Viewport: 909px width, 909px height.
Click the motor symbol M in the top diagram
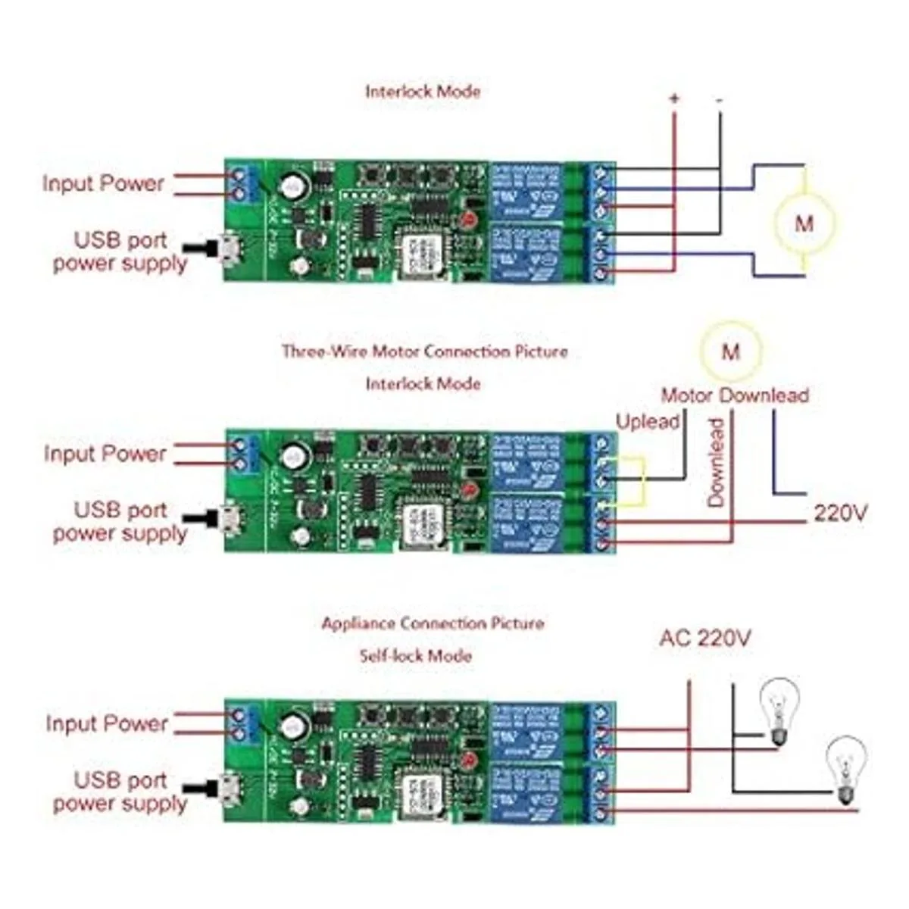tap(804, 223)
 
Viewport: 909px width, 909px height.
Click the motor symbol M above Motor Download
tap(730, 351)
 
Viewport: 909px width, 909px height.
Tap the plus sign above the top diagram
tap(673, 99)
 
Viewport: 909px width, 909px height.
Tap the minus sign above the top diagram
tap(719, 99)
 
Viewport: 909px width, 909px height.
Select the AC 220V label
tap(704, 639)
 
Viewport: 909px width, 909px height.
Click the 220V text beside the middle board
tap(841, 514)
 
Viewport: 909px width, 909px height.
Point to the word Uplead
tap(648, 421)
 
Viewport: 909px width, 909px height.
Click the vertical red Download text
tap(716, 462)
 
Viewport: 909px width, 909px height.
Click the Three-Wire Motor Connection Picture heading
tap(424, 351)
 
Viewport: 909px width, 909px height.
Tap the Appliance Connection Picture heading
tap(433, 623)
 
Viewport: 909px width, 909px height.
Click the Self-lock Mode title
tap(415, 655)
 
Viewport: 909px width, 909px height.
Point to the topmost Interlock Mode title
tap(423, 92)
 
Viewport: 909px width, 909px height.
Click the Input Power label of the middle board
tap(105, 454)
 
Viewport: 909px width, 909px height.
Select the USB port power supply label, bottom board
tap(120, 792)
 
